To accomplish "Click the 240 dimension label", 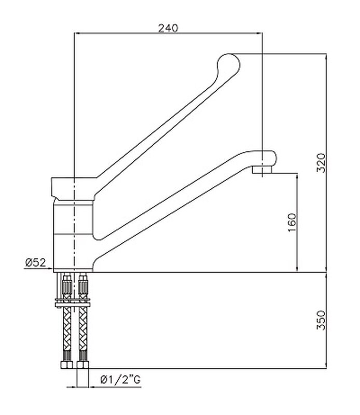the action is point(168,28).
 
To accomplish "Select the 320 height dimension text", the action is point(321,162).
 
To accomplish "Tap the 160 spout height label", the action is point(293,223).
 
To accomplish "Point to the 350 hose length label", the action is point(321,320).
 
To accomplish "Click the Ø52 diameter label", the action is point(36,262).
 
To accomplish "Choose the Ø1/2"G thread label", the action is point(120,380).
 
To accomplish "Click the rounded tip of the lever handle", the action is point(228,63).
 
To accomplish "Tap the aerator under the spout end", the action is point(262,170).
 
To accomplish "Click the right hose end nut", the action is point(83,365).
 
